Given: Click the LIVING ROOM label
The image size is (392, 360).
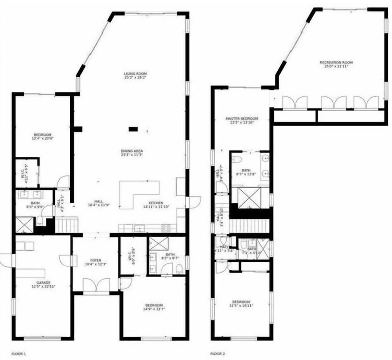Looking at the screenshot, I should click(135, 74).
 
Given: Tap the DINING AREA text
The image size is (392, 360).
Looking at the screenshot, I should click(131, 151).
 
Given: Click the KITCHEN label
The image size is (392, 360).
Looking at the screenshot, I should click(156, 203).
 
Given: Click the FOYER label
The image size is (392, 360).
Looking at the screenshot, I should click(96, 260).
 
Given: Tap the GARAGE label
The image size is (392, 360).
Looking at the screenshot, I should click(43, 282).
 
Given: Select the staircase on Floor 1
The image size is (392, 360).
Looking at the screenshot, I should click(66, 225).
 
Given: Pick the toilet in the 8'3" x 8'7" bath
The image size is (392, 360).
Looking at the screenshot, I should click(179, 268).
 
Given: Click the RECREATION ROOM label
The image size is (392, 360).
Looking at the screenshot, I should click(336, 63).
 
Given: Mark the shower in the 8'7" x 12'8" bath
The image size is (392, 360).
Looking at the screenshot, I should click(249, 198).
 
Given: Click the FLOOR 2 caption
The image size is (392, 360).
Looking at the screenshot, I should click(217, 353).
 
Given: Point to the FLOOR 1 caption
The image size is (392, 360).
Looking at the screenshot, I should click(18, 353).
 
